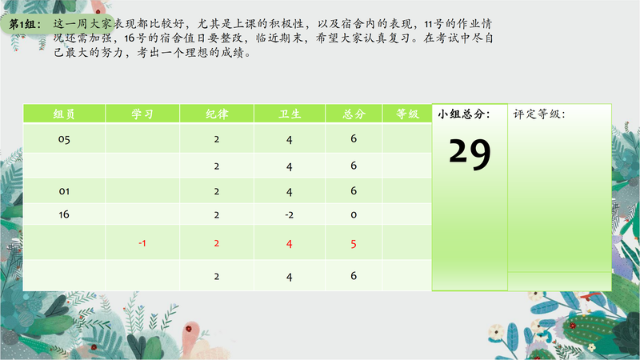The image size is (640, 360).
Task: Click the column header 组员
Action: coord(64,114)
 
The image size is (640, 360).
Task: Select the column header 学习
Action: coord(142,114)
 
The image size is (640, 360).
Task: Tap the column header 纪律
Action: coord(217,114)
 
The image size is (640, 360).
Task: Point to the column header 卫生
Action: coord(290,114)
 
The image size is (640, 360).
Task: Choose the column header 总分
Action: coord(354,114)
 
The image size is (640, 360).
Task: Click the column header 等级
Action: coord(407,114)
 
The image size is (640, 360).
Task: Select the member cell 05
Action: coord(64,139)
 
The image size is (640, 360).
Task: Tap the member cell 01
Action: coord(64,191)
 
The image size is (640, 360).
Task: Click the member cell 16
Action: coord(64,214)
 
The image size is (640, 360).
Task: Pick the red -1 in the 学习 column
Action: coord(142,243)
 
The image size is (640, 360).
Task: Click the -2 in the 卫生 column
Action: coord(290,215)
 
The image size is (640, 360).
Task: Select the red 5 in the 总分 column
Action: coord(354,244)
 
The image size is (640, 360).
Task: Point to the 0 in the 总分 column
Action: coord(354,215)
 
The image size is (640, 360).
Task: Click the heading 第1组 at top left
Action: coord(25,24)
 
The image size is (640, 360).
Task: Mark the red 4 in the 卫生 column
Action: coord(290,244)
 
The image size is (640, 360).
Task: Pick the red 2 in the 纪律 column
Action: coord(217,244)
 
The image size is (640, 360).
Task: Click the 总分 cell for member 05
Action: coord(354,138)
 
